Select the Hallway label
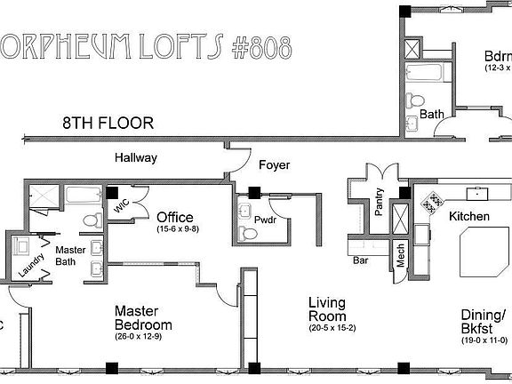[x=136, y=157]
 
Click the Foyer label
[x=274, y=165]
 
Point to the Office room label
[x=175, y=217]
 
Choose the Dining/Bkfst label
[x=484, y=322]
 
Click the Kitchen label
[x=469, y=217]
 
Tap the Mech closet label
[x=401, y=256]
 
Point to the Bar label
[x=361, y=261]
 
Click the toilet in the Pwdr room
[x=247, y=234]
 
